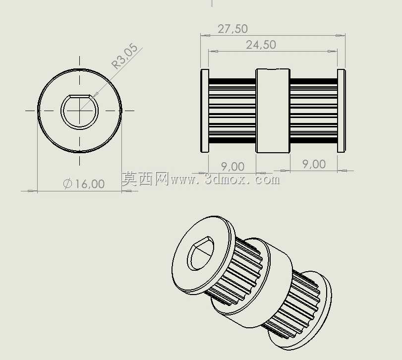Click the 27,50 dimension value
(233, 29)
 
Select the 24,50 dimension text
(261, 45)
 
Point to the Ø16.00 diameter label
(84, 184)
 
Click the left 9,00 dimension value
(232, 167)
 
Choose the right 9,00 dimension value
(314, 164)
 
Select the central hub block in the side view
(273, 111)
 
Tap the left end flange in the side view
(204, 111)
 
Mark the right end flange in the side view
(341, 111)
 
